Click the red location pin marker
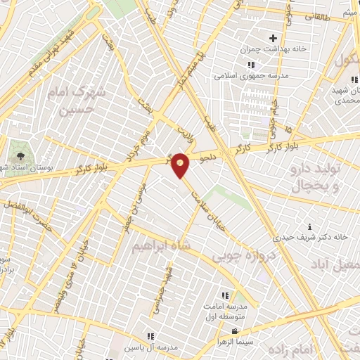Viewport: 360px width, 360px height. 181,165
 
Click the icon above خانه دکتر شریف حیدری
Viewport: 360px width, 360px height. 310,226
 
